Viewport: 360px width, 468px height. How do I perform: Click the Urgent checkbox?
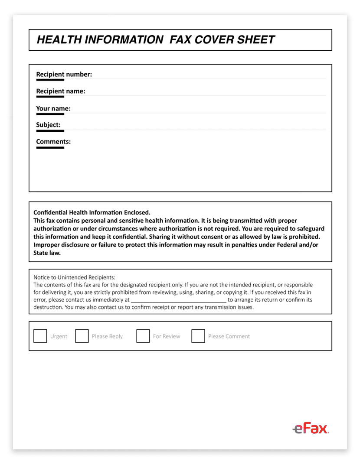pyautogui.click(x=40, y=336)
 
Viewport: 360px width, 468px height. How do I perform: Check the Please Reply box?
pyautogui.click(x=82, y=336)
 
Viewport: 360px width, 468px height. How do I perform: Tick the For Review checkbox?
pyautogui.click(x=143, y=336)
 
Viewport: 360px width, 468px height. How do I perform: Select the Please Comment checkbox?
pyautogui.click(x=198, y=336)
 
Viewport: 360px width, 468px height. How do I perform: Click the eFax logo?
pyautogui.click(x=311, y=429)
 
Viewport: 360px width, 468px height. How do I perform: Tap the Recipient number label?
pyautogui.click(x=64, y=75)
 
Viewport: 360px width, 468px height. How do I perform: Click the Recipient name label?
pyautogui.click(x=60, y=91)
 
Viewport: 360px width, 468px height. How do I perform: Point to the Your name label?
pyautogui.click(x=53, y=108)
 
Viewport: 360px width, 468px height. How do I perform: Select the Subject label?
pyautogui.click(x=48, y=125)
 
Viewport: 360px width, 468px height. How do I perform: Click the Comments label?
pyautogui.click(x=53, y=142)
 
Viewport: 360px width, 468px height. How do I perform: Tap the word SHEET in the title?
pyautogui.click(x=255, y=40)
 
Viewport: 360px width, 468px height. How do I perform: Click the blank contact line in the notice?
pyautogui.click(x=178, y=300)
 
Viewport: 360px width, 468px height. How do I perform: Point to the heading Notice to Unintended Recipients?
pyautogui.click(x=74, y=277)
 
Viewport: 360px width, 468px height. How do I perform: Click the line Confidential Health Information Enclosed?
pyautogui.click(x=92, y=213)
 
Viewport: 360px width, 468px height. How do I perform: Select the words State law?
pyautogui.click(x=47, y=253)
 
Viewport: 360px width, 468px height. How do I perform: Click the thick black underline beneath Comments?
pyautogui.click(x=50, y=148)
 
